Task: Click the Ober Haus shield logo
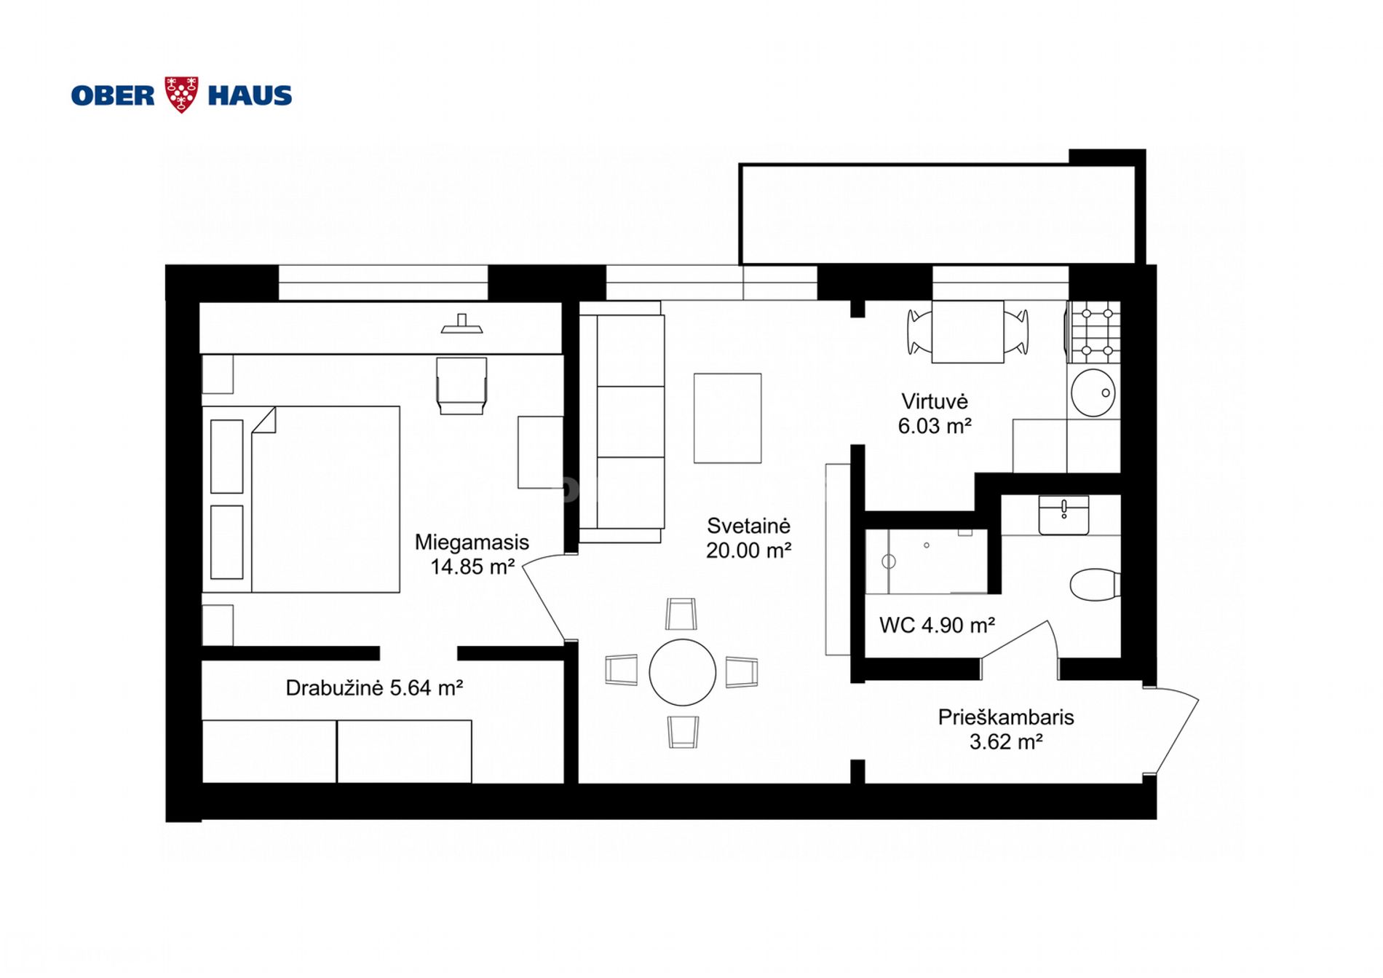[x=181, y=95]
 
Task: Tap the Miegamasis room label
[x=472, y=543]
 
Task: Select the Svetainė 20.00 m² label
[x=749, y=538]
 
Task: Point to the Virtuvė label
[x=935, y=401]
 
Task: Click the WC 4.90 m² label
[x=937, y=625]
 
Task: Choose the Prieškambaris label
[x=1006, y=717]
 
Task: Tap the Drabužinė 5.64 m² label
[x=374, y=687]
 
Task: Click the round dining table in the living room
[x=682, y=672]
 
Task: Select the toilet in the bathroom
[x=1095, y=584]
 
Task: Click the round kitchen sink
[x=1093, y=393]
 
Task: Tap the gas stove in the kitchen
[x=1094, y=332]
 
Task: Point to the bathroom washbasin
[x=1063, y=515]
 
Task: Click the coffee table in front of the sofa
[x=727, y=418]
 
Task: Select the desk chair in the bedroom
[x=461, y=385]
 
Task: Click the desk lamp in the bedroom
[x=461, y=323]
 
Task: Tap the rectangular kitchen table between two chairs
[x=967, y=331]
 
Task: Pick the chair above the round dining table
[x=681, y=614]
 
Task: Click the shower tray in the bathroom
[x=926, y=561]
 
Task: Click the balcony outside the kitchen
[x=938, y=214]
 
